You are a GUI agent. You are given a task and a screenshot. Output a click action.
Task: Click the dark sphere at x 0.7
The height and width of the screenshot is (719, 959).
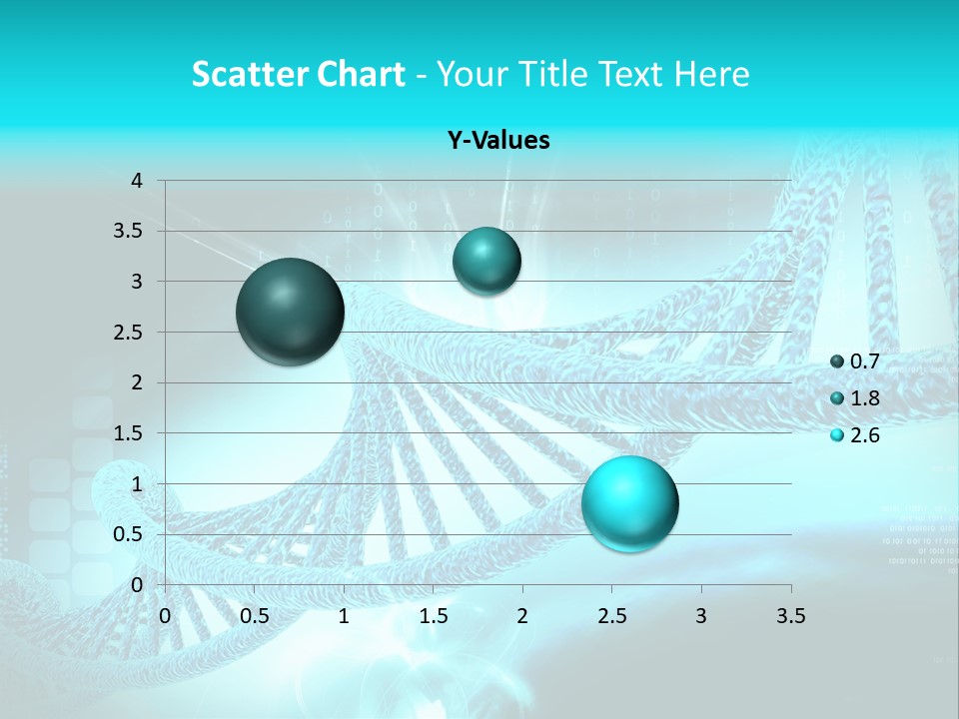290,312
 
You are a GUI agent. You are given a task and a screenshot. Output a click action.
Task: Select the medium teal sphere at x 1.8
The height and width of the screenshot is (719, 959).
486,261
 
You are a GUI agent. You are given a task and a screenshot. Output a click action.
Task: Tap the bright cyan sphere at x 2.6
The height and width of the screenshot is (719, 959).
629,503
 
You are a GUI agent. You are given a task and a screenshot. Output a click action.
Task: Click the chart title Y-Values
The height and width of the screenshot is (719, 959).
497,140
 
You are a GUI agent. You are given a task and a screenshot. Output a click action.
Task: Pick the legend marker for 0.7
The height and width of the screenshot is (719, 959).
837,361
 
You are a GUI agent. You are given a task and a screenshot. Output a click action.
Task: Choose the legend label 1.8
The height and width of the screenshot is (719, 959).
864,398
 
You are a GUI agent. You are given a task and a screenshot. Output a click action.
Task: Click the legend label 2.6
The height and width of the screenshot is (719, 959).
864,435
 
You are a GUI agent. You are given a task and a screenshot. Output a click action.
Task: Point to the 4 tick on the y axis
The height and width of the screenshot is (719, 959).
137,181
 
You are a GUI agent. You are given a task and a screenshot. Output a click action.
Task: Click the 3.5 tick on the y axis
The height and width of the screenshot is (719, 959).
128,232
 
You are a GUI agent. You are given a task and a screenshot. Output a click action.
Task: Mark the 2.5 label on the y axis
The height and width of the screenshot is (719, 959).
128,333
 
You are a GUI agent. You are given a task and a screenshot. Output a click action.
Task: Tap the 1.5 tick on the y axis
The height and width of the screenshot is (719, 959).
128,433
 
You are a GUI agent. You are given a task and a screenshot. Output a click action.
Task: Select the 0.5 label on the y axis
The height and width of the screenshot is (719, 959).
128,534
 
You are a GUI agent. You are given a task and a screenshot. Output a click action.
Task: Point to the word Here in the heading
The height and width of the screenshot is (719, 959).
711,74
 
